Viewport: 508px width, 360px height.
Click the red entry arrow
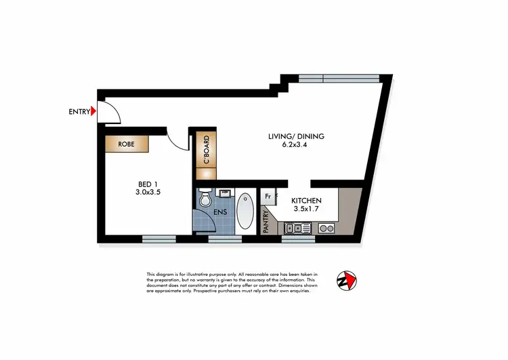coord(94,112)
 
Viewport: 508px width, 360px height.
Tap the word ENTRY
coord(79,112)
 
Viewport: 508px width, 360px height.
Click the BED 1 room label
coord(148,184)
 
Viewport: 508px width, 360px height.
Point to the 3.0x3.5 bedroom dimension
coord(148,193)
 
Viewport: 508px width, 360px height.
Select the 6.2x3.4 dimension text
coord(295,145)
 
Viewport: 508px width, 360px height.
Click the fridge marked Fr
coord(268,197)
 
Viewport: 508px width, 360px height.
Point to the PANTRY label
coord(266,222)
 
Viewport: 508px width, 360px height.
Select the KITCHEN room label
coord(305,201)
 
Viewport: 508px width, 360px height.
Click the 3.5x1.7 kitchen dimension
coord(305,210)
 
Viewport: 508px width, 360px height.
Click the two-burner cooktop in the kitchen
coord(326,228)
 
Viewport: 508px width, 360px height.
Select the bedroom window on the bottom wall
coord(158,238)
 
